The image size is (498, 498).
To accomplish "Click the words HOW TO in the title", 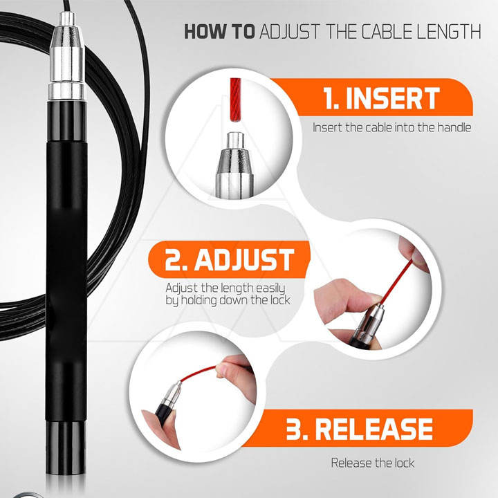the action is coord(219,31).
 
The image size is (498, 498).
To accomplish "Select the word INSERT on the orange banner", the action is coord(393,98).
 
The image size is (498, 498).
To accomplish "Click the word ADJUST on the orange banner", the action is coord(244,259).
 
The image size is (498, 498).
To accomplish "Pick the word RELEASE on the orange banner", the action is coord(373,429).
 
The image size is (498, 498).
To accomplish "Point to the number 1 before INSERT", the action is coord(331,98).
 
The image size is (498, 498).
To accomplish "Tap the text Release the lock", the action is coord(373,463).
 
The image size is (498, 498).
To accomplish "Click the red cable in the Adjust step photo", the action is coord(396,282).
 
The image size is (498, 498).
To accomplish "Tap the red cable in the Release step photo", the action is coord(199,373).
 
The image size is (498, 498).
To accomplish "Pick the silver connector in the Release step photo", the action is coord(172,396).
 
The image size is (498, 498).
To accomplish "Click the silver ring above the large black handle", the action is coord(66,91).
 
